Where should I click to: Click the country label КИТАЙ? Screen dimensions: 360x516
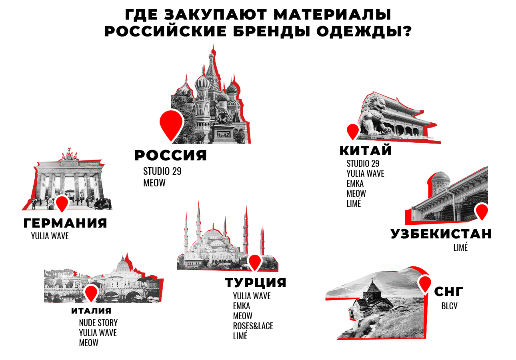pos(365,151)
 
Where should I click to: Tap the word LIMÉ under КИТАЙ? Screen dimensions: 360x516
pos(354,203)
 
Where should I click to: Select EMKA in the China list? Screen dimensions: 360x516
pos(355,184)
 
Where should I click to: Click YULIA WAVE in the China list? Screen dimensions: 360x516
pos(365,174)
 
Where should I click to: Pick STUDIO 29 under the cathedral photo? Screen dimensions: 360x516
pos(162,171)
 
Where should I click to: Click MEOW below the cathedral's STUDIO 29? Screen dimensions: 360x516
pos(154,183)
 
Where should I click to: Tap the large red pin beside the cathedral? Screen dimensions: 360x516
pos(171,123)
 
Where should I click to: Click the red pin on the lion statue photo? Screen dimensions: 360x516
pos(353,131)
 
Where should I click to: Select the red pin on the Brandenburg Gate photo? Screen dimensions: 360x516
pos(62,203)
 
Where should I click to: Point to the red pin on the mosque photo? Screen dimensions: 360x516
pos(255,262)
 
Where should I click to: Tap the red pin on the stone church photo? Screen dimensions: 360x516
pos(425,283)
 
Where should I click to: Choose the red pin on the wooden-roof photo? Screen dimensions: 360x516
pos(481,212)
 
